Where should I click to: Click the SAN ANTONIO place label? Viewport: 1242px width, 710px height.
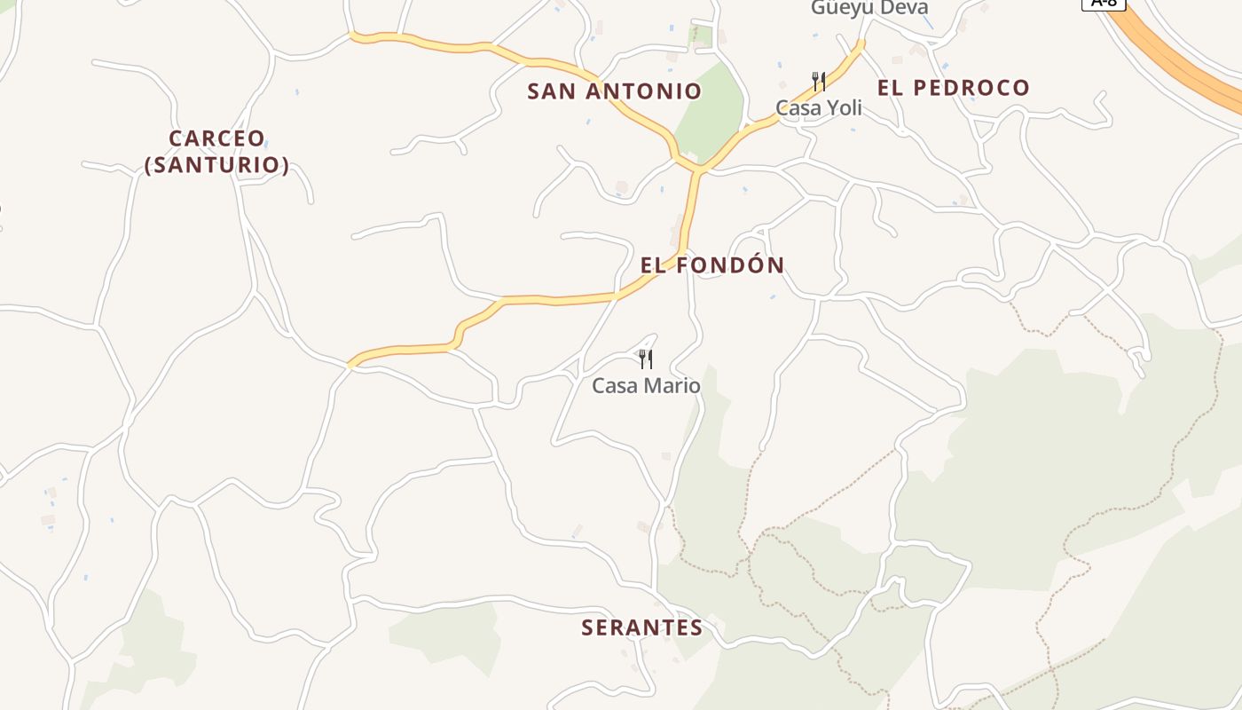tap(614, 91)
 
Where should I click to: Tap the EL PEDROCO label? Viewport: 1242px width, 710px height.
tap(953, 88)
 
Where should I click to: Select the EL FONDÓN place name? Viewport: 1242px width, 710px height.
tap(712, 265)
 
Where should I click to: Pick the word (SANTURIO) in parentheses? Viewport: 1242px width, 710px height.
tap(216, 166)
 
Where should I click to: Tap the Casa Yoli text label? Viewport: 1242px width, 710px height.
tap(818, 108)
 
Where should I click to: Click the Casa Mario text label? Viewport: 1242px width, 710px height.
tap(646, 386)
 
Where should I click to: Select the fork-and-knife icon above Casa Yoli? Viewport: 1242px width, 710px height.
tap(819, 82)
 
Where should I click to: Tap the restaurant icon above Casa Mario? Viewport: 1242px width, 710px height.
tap(646, 359)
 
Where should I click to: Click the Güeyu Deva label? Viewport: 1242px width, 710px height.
tap(869, 8)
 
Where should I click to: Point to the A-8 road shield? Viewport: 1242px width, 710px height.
tap(1104, 4)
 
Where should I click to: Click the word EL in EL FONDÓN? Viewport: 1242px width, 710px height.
tap(652, 265)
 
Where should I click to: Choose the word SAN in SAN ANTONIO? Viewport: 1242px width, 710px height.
tap(548, 91)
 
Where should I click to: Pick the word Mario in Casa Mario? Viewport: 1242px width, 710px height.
tap(673, 386)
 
